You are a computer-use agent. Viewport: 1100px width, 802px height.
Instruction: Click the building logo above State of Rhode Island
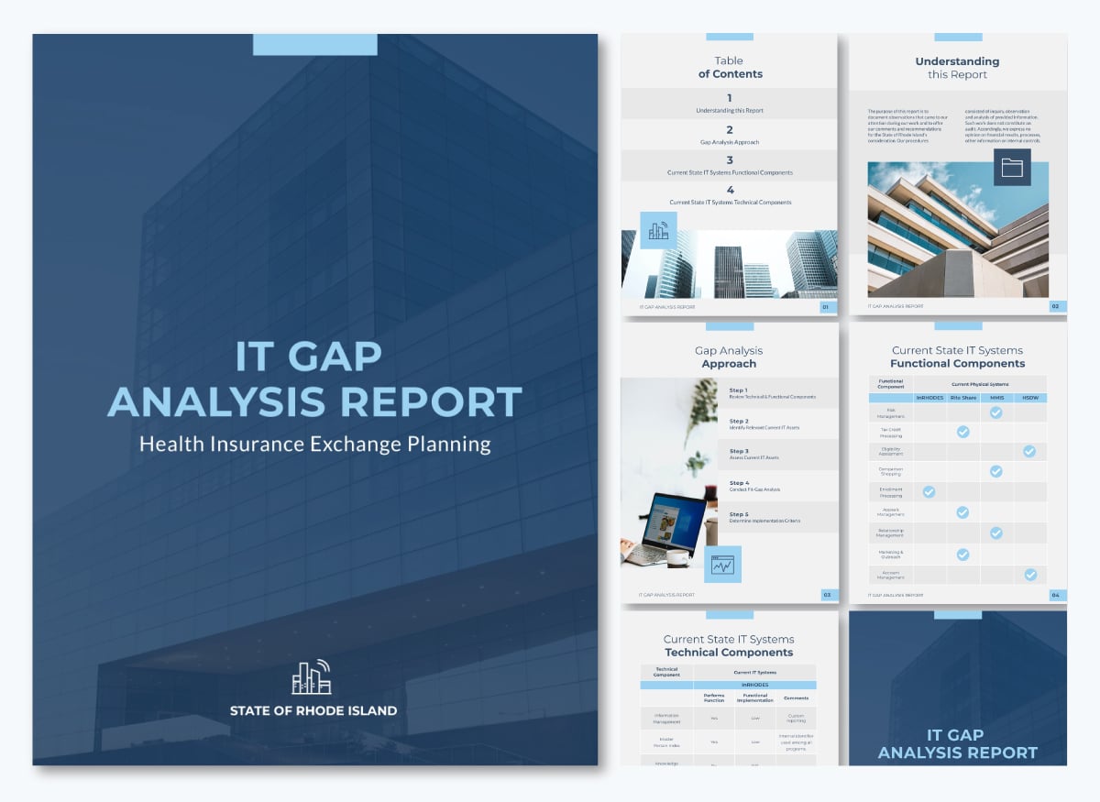point(312,677)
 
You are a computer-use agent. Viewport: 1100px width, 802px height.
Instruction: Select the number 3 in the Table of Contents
point(730,160)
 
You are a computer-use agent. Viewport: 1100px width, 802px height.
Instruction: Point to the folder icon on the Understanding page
point(1012,167)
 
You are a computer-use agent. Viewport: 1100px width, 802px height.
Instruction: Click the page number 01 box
point(825,307)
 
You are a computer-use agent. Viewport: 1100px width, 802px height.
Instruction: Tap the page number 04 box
point(1055,595)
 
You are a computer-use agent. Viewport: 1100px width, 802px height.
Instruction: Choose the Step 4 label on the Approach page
point(739,483)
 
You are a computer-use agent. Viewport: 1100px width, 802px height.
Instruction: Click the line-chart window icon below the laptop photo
point(722,565)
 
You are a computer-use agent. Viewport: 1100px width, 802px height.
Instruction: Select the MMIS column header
point(995,398)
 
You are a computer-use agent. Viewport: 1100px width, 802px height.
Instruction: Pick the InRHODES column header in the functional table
point(929,398)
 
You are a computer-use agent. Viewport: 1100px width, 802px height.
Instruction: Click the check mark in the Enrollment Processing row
point(929,492)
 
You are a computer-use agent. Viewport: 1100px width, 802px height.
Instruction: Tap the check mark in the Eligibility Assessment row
point(1029,451)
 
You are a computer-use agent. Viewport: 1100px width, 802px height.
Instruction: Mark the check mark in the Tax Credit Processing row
point(962,432)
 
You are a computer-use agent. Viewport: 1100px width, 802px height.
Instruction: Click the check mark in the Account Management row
point(1030,575)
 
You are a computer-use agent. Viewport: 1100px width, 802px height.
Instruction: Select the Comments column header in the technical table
point(796,698)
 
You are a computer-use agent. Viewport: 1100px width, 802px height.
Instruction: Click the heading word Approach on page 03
point(729,364)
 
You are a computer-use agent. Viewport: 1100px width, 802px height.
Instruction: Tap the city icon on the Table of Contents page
point(658,231)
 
